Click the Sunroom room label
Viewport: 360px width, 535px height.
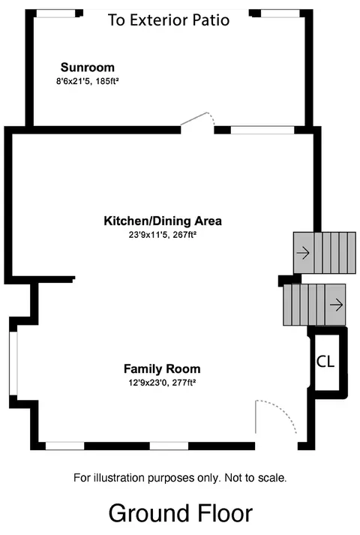87,68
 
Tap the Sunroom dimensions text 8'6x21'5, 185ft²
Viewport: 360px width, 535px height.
87,81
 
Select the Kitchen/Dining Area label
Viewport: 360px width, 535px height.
163,221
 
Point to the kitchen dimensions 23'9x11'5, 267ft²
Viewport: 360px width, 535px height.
163,235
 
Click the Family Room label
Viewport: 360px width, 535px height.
162,369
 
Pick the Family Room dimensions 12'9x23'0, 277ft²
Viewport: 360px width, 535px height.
162,383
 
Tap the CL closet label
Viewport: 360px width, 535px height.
325,362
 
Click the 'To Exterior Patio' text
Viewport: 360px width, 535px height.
169,20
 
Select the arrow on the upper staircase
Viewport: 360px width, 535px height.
303,253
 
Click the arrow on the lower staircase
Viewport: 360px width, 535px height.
336,305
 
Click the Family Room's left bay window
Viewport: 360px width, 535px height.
13,363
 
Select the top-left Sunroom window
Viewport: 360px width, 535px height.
55,14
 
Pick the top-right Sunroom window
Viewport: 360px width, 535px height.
280,14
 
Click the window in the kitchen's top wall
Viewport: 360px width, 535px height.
262,130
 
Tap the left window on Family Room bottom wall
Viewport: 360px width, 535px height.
65,446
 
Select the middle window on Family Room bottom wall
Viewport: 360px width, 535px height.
169,446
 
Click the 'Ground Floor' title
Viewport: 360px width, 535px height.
181,513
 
